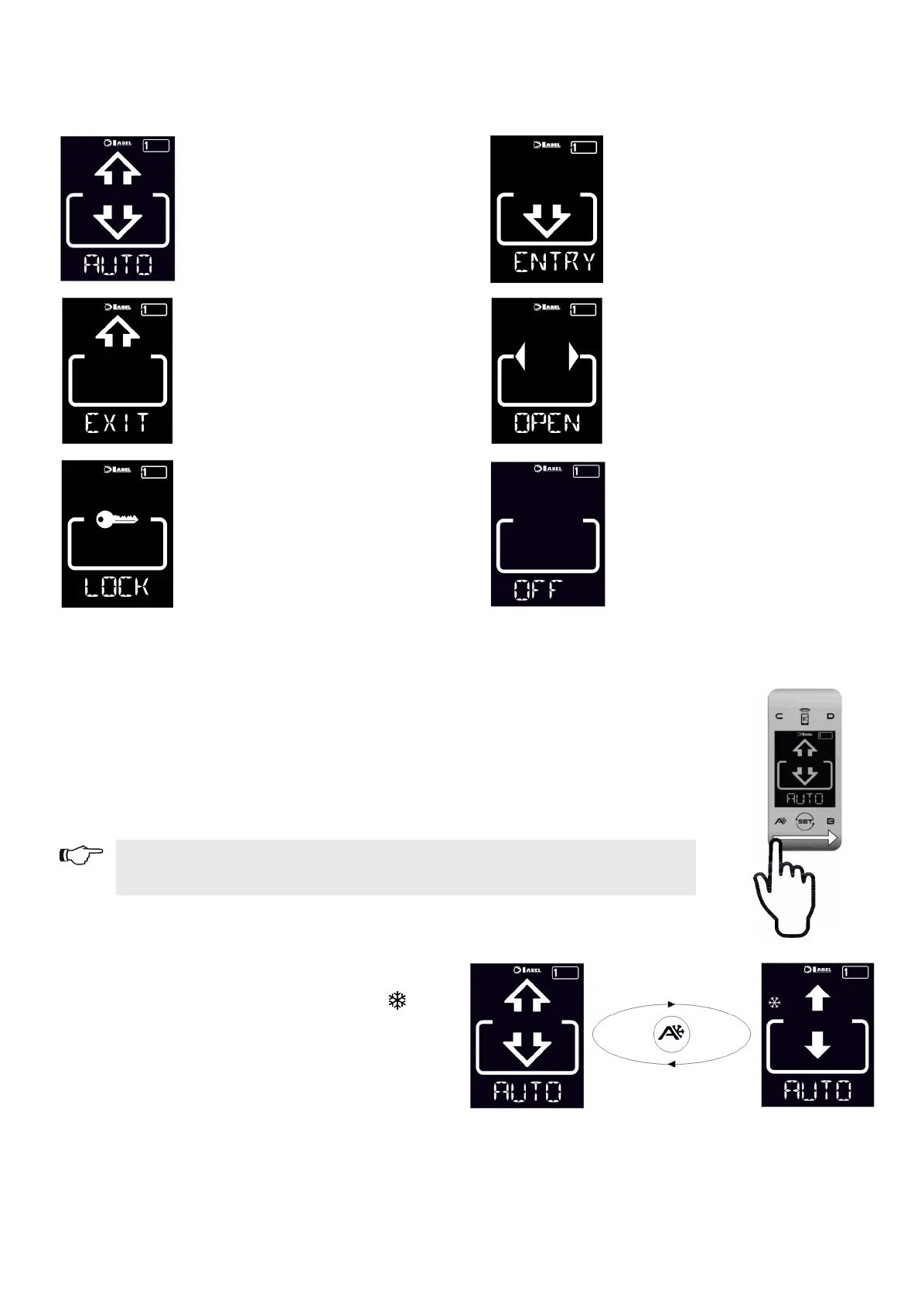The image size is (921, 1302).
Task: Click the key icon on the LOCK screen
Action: coord(117,520)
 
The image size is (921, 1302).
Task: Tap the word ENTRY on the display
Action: coord(554,262)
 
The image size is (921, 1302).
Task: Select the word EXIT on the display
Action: coord(117,423)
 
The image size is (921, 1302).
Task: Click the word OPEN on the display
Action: coord(547,423)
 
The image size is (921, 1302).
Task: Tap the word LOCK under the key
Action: coord(117,587)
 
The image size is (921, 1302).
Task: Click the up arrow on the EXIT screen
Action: coord(118,332)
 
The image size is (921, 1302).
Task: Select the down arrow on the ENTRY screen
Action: coord(547,220)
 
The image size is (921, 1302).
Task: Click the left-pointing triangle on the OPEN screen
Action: coord(520,356)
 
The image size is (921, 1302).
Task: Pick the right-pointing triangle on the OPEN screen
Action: coord(574,356)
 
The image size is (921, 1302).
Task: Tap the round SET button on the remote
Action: coord(805,821)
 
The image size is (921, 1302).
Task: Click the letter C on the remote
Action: coord(779,717)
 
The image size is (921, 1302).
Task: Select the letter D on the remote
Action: coord(831,717)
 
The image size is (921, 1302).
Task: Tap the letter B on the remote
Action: coord(831,821)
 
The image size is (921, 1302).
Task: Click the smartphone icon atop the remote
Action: coord(805,717)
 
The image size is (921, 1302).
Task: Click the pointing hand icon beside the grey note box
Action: coord(81,855)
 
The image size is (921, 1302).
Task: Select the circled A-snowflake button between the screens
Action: coord(671,1034)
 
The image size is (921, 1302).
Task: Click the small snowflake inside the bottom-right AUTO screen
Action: coord(774,1003)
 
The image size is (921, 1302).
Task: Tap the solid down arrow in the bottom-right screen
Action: coord(817,1046)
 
